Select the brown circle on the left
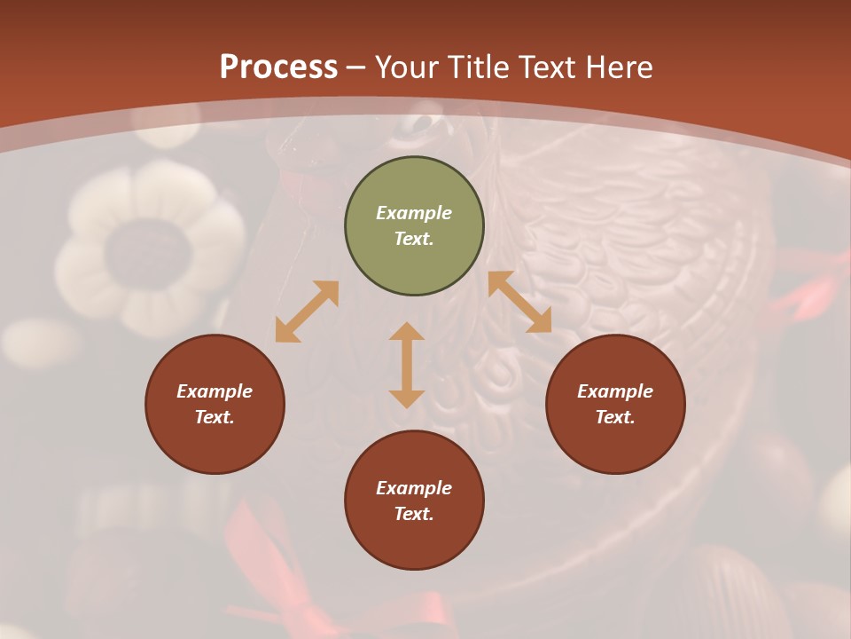(x=215, y=404)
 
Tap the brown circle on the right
(x=615, y=404)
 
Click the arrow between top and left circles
(x=307, y=312)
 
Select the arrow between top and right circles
(x=519, y=302)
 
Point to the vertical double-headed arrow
(x=407, y=365)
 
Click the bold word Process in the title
(x=278, y=67)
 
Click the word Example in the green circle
(x=414, y=213)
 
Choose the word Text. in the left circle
(x=215, y=417)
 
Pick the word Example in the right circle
(x=615, y=391)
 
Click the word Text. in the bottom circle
(x=414, y=514)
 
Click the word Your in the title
(x=409, y=67)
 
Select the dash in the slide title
(x=356, y=67)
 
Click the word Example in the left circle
(x=215, y=391)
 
